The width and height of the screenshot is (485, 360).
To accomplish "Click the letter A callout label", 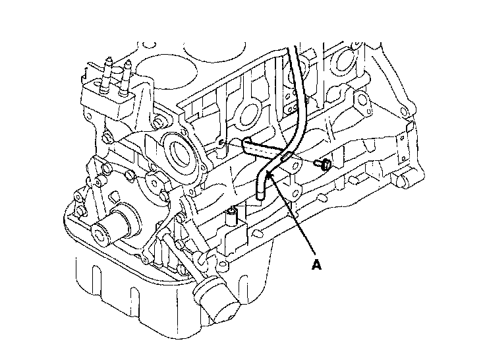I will (317, 265).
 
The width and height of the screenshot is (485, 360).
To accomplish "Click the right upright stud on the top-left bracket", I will (127, 69).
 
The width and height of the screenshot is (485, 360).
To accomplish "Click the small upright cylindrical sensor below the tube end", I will (231, 216).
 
